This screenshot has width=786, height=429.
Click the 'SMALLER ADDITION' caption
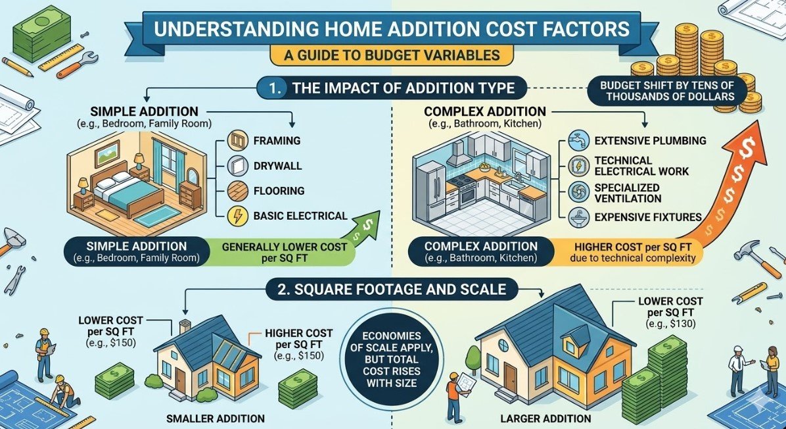pyautogui.click(x=216, y=418)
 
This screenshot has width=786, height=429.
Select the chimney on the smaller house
pyautogui.click(x=186, y=326)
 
